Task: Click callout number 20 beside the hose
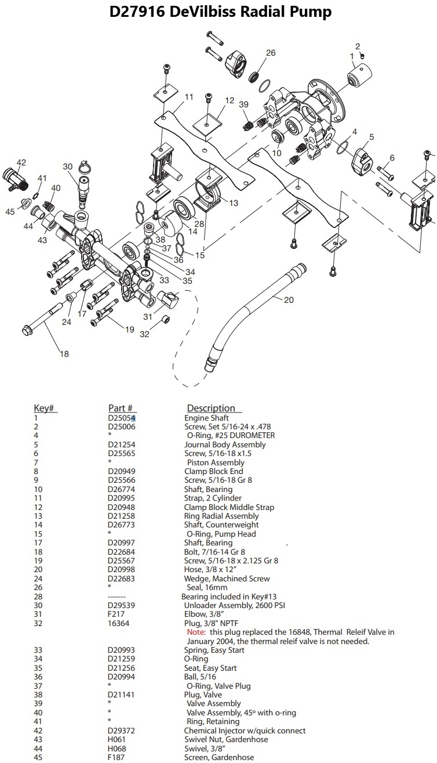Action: [288, 300]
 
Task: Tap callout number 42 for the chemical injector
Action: [21, 162]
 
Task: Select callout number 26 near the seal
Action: [270, 53]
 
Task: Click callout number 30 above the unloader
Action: [67, 166]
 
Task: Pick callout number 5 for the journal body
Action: [372, 138]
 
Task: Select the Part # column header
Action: [121, 408]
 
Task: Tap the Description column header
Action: [211, 408]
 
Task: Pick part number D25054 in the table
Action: [121, 418]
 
